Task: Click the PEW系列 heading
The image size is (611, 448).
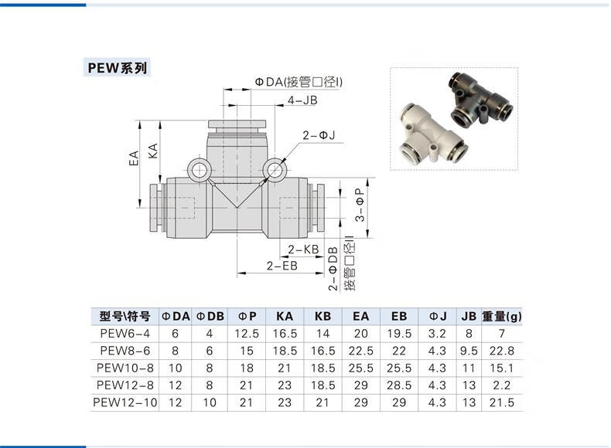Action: pyautogui.click(x=118, y=68)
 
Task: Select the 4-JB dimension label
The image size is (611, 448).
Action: pyautogui.click(x=302, y=100)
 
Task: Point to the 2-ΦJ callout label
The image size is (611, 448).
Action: pyautogui.click(x=319, y=135)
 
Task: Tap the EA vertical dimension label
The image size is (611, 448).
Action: pyautogui.click(x=134, y=158)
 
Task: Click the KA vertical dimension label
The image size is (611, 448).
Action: pyautogui.click(x=153, y=151)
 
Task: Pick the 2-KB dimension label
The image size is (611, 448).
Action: pyautogui.click(x=303, y=249)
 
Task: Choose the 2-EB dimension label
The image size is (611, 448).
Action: pyautogui.click(x=282, y=266)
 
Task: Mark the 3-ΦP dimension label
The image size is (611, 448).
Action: pyautogui.click(x=360, y=205)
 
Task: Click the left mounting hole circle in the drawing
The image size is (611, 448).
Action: pyautogui.click(x=199, y=170)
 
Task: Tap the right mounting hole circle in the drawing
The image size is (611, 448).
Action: pyautogui.click(x=275, y=170)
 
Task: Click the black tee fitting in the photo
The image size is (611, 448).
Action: pyautogui.click(x=481, y=99)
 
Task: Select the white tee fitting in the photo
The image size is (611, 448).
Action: pyautogui.click(x=433, y=134)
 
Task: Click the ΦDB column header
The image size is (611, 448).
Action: pyautogui.click(x=210, y=317)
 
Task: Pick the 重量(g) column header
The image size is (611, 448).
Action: pyautogui.click(x=502, y=317)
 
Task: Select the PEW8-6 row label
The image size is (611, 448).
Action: pyautogui.click(x=125, y=351)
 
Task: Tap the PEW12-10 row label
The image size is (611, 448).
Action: pyautogui.click(x=125, y=402)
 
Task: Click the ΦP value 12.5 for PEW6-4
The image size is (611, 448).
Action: pyautogui.click(x=247, y=334)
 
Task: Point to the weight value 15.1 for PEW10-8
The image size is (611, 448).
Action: pyautogui.click(x=502, y=368)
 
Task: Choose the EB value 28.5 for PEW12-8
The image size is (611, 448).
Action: pyautogui.click(x=399, y=385)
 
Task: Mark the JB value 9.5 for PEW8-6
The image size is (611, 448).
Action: pyautogui.click(x=469, y=351)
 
